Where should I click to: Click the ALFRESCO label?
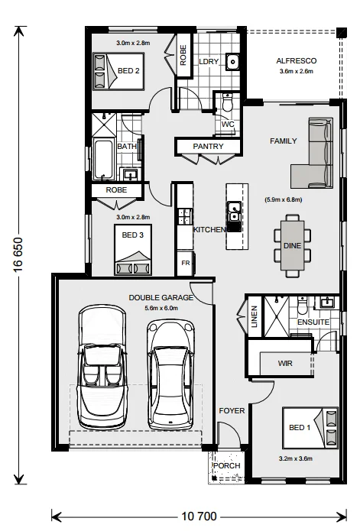297,61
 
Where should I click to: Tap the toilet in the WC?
228,102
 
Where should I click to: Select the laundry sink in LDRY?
232,61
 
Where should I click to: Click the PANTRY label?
208,146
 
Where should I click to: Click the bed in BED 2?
118,71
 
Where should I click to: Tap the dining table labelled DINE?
292,245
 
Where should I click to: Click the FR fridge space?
185,263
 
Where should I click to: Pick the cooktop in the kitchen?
185,217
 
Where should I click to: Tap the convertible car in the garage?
103,367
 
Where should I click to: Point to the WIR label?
285,364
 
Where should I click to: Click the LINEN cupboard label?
255,316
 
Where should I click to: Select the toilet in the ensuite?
302,306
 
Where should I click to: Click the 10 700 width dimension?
199,516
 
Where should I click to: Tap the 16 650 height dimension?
18,255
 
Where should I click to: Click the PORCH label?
227,466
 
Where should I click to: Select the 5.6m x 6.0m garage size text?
161,308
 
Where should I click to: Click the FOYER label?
232,411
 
